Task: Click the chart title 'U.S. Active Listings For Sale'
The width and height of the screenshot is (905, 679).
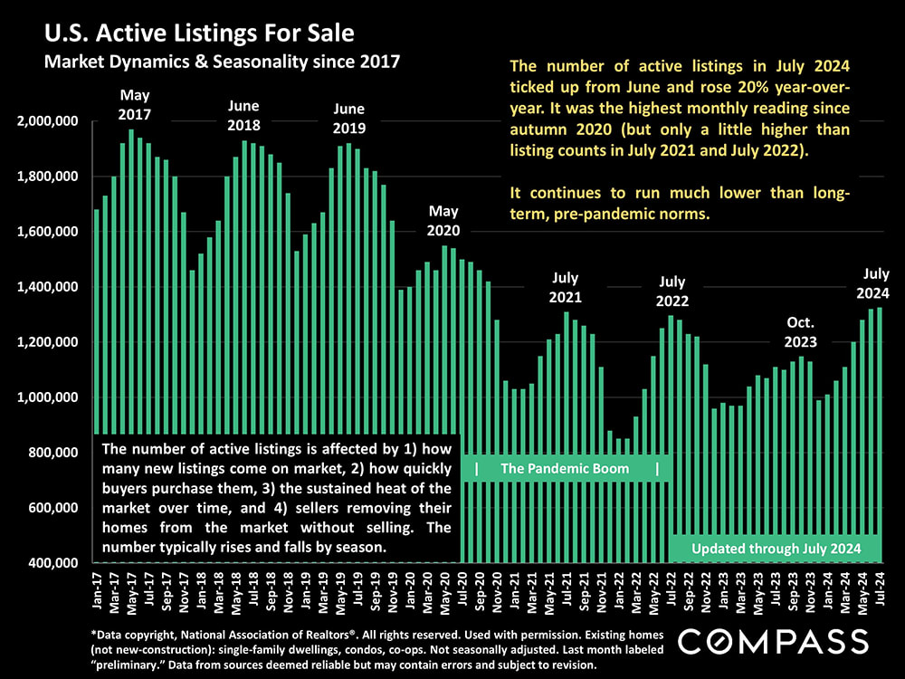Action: pos(197,34)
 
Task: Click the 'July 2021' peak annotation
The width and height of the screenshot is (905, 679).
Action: pos(567,288)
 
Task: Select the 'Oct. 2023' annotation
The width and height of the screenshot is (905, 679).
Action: pos(800,332)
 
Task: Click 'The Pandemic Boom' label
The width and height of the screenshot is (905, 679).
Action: pos(566,469)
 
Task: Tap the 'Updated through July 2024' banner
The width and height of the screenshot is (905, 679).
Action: pos(775,549)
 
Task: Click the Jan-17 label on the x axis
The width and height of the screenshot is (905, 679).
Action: pos(98,588)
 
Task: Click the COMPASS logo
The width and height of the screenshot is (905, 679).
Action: pos(774,642)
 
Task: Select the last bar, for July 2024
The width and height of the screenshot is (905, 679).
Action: pos(880,435)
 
